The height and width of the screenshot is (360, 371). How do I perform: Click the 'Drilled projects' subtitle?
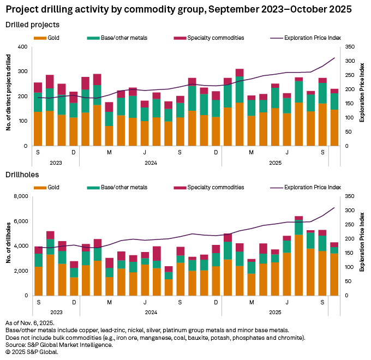coord(32,25)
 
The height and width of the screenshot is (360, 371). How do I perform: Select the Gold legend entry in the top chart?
coord(49,38)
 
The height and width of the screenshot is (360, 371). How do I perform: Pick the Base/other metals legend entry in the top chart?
coord(115,38)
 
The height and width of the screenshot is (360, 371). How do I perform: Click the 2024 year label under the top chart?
coord(148,162)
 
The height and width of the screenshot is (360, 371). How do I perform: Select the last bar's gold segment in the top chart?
coord(334,128)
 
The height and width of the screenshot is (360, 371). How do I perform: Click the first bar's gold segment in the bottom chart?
coord(38,281)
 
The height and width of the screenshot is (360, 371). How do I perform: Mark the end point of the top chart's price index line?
coord(334,58)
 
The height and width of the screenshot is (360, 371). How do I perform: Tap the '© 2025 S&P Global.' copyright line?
coord(31,352)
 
